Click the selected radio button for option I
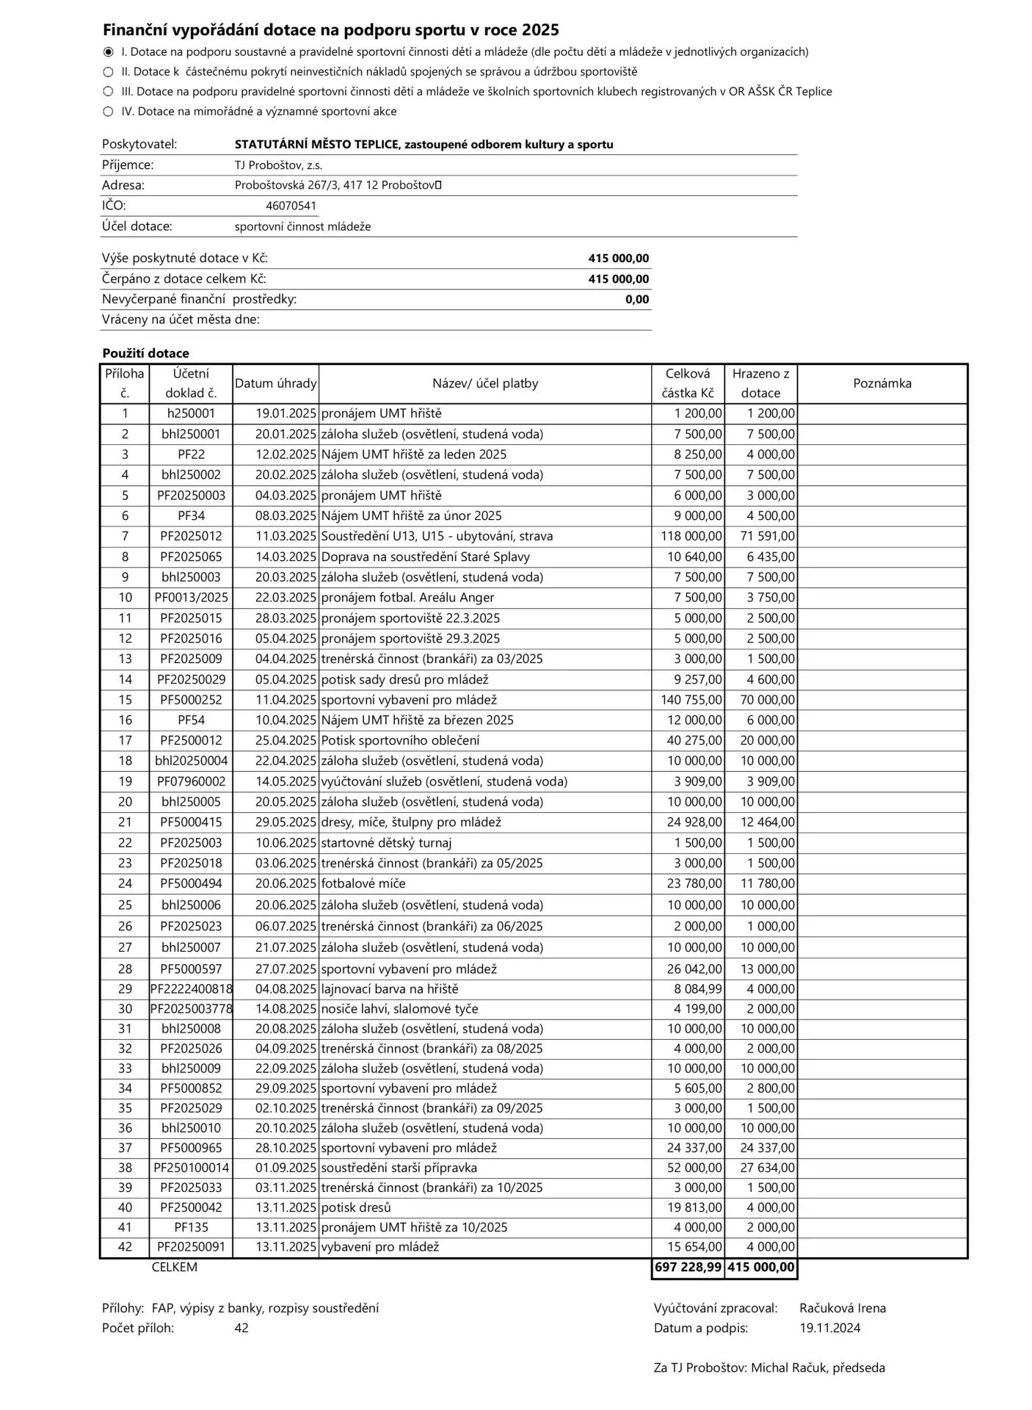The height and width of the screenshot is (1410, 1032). (x=108, y=52)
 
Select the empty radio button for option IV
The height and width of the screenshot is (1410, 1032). (x=108, y=112)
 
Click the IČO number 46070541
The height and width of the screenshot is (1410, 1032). (x=291, y=206)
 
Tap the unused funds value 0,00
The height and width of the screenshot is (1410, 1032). (x=637, y=300)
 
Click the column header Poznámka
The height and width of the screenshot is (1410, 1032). (x=882, y=383)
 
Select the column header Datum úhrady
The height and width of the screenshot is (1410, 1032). (x=275, y=383)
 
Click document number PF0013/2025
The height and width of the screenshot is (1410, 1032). (x=191, y=598)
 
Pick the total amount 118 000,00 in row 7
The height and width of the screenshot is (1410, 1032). (x=691, y=536)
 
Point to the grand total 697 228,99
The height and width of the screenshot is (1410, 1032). (x=688, y=1267)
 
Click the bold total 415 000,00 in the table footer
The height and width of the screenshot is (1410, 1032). (x=760, y=1267)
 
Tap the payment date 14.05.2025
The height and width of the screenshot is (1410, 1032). (x=286, y=781)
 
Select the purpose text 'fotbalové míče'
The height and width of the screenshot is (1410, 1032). (x=363, y=883)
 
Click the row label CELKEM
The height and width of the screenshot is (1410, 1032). (x=175, y=1267)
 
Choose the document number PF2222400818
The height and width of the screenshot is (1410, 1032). (x=192, y=989)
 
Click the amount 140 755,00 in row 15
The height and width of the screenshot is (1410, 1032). (x=691, y=700)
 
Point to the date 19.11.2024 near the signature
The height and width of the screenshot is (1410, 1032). (x=829, y=1328)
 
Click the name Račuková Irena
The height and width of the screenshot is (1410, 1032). (x=843, y=1308)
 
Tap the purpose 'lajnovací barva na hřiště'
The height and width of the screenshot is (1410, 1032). (x=390, y=989)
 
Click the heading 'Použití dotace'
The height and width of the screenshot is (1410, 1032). (x=145, y=353)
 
